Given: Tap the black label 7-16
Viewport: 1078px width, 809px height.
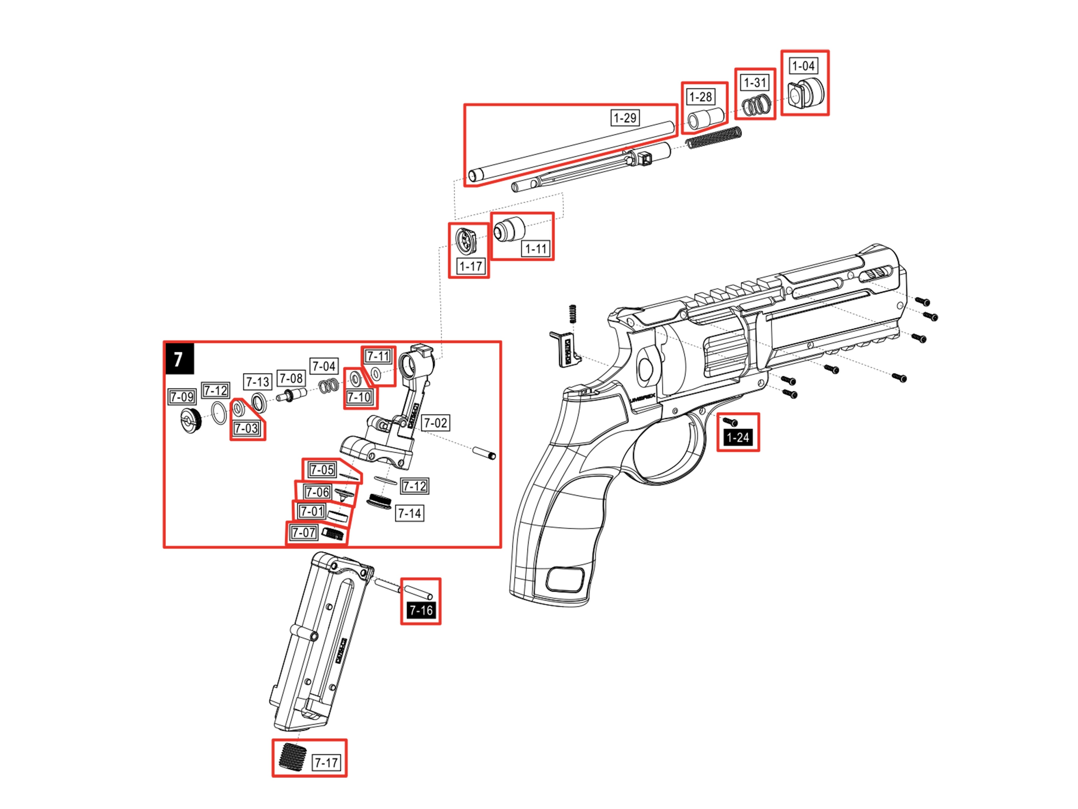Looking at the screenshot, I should [x=421, y=610].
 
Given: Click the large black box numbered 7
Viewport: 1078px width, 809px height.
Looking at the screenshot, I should [x=179, y=359].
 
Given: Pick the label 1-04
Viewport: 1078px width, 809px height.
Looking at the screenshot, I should [x=803, y=66].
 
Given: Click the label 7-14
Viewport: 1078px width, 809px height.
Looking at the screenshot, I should [x=409, y=513].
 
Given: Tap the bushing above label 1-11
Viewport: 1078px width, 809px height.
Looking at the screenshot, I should [x=508, y=229].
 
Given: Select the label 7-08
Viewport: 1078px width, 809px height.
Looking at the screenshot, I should [x=291, y=378].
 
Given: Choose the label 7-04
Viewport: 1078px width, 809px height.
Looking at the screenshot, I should [x=324, y=366].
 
